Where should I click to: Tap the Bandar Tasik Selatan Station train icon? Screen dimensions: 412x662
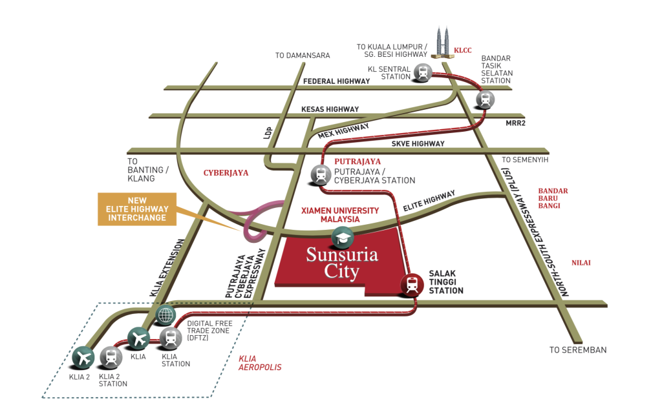click(x=485, y=99)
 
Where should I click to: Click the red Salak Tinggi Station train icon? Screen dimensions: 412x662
click(x=411, y=284)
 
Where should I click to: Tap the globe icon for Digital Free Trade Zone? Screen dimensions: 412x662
click(x=166, y=314)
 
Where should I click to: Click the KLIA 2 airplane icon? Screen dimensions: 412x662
click(x=83, y=356)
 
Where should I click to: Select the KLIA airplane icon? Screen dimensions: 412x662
click(x=138, y=337)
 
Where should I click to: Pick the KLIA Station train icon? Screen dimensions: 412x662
click(x=170, y=337)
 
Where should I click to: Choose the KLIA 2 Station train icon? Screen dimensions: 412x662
click(x=111, y=357)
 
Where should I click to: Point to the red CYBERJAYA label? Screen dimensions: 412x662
click(x=226, y=173)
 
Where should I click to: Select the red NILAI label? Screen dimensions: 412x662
click(x=581, y=263)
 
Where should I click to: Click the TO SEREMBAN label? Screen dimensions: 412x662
click(x=577, y=350)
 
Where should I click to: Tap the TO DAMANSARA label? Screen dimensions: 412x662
click(x=303, y=56)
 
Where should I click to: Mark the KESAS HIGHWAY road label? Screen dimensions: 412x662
click(x=330, y=109)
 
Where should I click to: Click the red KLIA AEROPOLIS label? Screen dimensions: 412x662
click(x=260, y=362)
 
